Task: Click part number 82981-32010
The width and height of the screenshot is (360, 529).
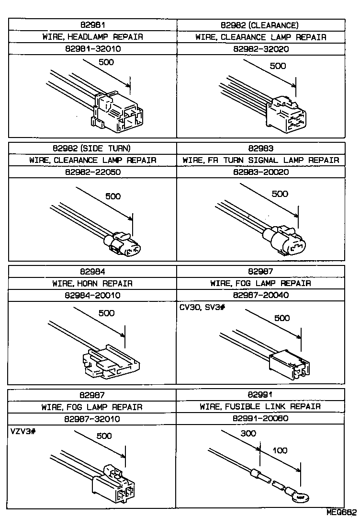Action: coord(93,49)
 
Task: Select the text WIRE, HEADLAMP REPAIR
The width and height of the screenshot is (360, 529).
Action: coord(93,37)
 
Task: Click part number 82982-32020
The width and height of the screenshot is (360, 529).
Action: coord(261,49)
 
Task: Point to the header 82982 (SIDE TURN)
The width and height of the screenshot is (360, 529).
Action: coord(93,148)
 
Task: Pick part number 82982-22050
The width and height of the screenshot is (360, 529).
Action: coord(93,172)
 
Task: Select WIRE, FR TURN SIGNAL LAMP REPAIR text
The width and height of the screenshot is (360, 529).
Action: coord(261,160)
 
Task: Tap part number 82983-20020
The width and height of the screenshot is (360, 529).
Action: coord(261,172)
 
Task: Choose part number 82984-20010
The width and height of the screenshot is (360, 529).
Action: coord(93,295)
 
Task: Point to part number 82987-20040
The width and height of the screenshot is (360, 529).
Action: coord(261,295)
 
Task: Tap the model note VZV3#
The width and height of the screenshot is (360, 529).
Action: coord(23,431)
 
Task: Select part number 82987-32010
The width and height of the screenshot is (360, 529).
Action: coord(93,418)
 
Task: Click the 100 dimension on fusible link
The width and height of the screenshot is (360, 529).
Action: coord(280,451)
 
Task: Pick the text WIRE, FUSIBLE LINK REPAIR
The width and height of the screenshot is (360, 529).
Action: coord(261,406)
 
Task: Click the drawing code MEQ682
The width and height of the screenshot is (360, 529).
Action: coord(341,512)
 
